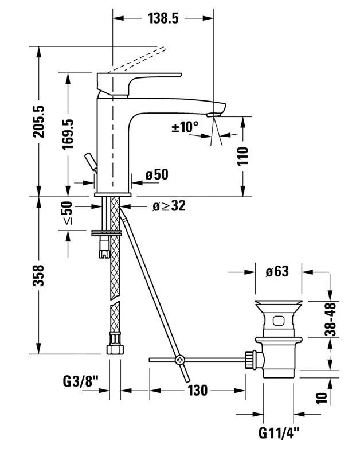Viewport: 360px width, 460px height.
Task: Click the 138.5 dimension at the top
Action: pos(163,18)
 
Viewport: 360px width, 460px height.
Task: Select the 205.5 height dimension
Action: pos(38,122)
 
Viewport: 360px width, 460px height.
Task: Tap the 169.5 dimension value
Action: pos(68,134)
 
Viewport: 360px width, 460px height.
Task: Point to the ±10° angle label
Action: pos(185,127)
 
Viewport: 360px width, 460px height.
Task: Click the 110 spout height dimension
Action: pos(242,157)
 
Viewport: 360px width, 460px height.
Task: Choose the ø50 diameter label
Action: pos(157,175)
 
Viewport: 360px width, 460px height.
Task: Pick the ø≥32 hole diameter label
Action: pos(169,206)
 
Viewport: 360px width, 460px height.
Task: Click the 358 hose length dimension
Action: pos(38,275)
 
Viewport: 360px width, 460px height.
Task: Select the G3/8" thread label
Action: pos(80,382)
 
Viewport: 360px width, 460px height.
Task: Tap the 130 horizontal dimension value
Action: pos(197,391)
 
